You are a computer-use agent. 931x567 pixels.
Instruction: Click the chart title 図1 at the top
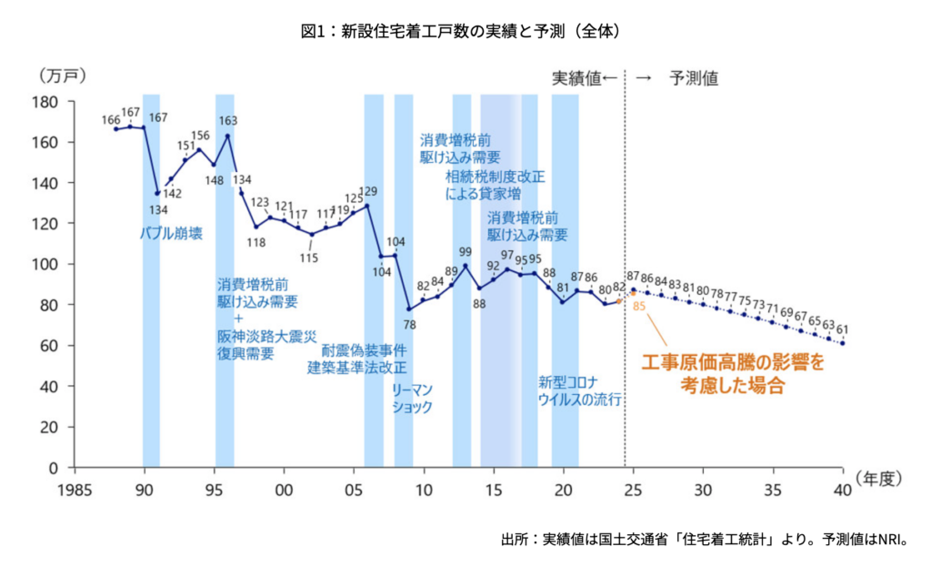(464, 31)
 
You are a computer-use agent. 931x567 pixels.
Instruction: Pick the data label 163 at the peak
(228, 120)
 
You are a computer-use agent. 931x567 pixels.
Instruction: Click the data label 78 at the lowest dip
(409, 324)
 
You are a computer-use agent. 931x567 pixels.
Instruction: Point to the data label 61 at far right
(843, 329)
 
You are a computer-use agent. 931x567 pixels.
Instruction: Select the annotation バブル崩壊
(171, 233)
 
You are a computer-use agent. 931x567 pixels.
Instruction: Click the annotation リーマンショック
(412, 399)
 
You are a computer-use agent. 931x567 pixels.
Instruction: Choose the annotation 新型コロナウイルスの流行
(579, 390)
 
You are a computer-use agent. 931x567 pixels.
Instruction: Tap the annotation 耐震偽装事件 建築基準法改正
(357, 359)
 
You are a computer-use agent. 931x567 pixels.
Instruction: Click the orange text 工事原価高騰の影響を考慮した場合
(733, 373)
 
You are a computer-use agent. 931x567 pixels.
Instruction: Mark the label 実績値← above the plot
(585, 78)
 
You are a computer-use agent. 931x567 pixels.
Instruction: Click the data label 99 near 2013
(465, 252)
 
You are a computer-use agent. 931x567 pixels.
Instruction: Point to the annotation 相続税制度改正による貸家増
(495, 185)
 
